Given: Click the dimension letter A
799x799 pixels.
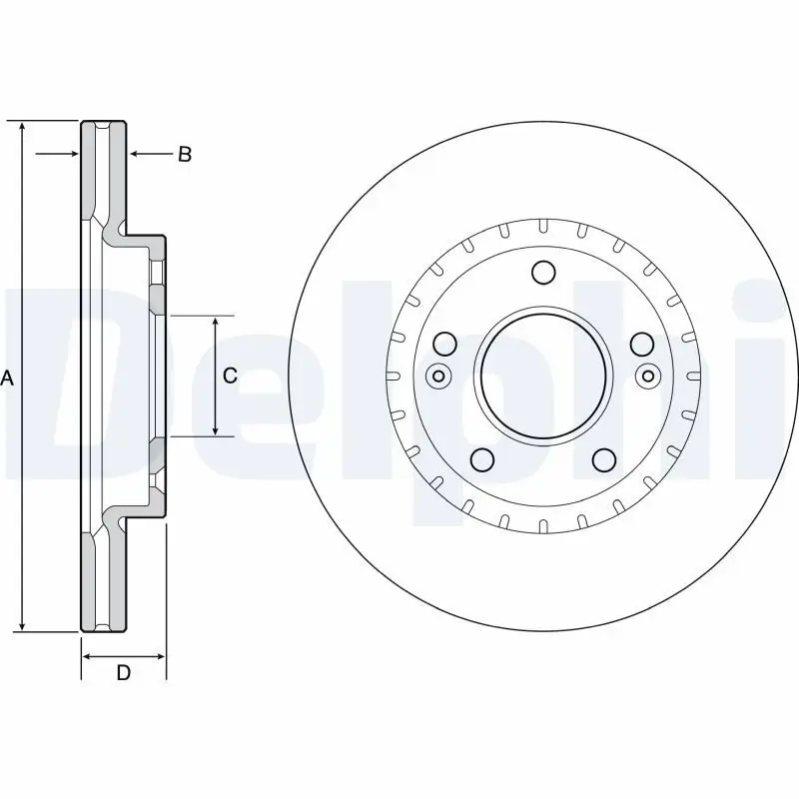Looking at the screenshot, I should (8, 378).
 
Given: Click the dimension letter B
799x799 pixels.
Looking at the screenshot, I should (185, 155).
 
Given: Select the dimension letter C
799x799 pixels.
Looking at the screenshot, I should (230, 376).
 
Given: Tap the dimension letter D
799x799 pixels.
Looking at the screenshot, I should (123, 673).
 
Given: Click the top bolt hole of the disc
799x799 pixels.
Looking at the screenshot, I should (542, 273).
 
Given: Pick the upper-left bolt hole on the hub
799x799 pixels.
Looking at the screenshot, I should (445, 344).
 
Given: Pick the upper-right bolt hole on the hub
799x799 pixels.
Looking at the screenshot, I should (640, 344).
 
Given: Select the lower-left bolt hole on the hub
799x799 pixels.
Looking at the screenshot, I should (482, 458).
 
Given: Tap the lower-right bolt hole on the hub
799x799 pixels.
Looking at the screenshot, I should (603, 458).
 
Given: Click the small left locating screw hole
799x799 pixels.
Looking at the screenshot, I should (436, 377).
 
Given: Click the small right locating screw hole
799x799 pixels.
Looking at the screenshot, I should (648, 377).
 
